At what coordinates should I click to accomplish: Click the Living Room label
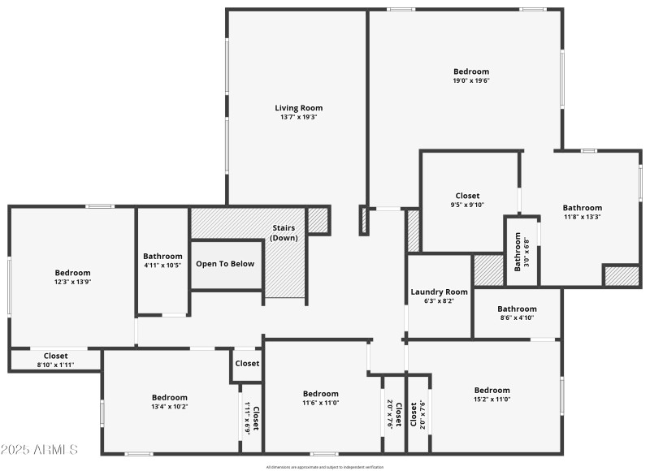(298, 108)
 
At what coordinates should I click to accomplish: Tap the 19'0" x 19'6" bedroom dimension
(471, 80)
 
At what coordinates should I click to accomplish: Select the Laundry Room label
(439, 292)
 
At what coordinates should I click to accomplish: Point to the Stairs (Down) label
(284, 232)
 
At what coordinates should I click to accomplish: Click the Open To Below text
(225, 264)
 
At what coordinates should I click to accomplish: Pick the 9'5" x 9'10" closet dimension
(467, 205)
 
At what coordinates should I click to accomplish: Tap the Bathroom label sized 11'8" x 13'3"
(583, 208)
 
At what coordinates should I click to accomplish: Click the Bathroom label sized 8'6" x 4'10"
(517, 309)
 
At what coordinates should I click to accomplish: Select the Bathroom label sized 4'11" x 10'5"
(162, 257)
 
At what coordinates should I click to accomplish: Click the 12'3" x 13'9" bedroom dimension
(72, 282)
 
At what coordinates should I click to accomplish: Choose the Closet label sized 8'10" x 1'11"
(55, 356)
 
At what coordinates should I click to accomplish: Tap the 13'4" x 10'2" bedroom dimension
(169, 406)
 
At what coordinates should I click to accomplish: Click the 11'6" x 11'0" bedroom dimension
(320, 403)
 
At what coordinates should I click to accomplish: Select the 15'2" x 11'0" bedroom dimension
(492, 399)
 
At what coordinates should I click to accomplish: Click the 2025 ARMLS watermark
(39, 449)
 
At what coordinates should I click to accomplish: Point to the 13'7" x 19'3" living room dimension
(298, 117)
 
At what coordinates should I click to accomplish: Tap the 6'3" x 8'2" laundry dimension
(439, 300)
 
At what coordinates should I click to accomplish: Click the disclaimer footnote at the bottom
(324, 467)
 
